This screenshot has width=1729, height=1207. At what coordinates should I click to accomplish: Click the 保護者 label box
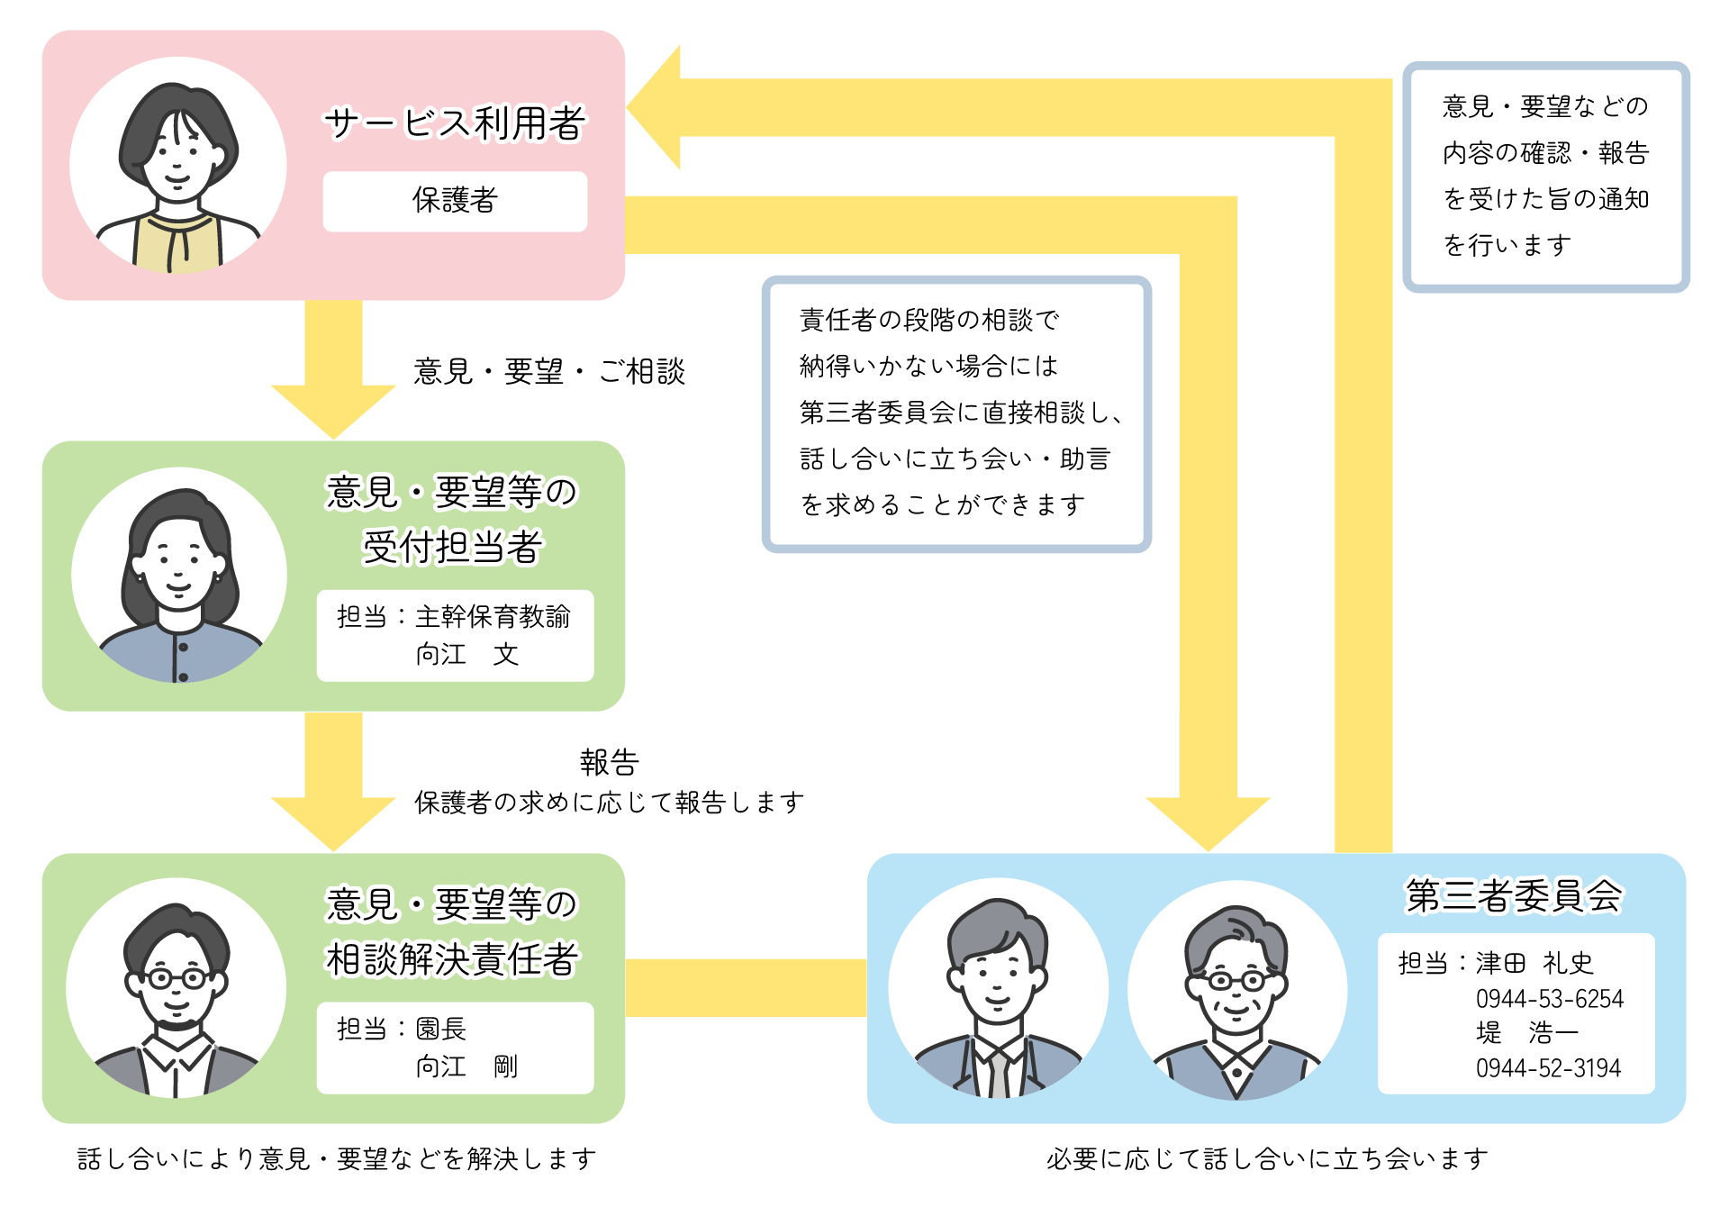click(x=455, y=201)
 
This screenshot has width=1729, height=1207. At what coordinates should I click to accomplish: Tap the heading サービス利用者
click(x=455, y=123)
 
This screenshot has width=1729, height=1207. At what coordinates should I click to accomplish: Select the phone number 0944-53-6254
click(x=1549, y=999)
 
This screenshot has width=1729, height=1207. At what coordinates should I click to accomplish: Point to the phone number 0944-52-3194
click(x=1548, y=1068)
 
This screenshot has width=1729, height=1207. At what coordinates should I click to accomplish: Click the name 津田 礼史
click(x=1534, y=963)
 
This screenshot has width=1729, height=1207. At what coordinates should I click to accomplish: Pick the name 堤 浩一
click(x=1526, y=1032)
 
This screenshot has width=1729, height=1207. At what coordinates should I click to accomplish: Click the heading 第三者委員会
click(x=1514, y=895)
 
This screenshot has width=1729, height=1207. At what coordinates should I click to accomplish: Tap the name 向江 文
click(x=466, y=654)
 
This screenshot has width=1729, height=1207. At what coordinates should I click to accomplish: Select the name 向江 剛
click(x=466, y=1066)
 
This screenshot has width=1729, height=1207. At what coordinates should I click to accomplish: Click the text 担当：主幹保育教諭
click(x=453, y=617)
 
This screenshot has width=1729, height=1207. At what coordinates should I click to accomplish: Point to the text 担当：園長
click(x=402, y=1029)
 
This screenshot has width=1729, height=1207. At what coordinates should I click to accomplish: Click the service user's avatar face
click(x=177, y=158)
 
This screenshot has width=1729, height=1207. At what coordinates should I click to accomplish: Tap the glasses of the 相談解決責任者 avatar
click(x=176, y=978)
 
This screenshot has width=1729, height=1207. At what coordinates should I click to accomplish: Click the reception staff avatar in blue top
click(x=179, y=575)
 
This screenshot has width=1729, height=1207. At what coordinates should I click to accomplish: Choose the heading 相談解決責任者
click(x=451, y=959)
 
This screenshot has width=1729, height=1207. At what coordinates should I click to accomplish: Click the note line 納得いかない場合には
click(x=928, y=366)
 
